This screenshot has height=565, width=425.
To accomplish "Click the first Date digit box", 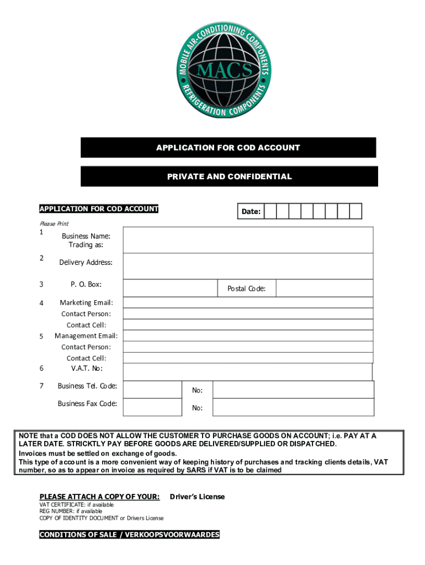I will pos(270,211).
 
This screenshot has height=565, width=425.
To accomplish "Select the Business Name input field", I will pos(248,239).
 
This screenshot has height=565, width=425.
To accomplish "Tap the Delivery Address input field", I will pos(248,266).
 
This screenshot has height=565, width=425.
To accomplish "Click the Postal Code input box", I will pos(323,288).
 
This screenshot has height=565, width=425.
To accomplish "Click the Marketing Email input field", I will pos(248,302).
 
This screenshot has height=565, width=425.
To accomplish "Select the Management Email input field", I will pos(248,335).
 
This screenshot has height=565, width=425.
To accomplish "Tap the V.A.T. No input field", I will pos(248,371).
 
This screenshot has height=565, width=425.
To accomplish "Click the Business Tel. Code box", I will pos(152,389).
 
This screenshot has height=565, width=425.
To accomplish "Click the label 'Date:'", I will pos(251,211).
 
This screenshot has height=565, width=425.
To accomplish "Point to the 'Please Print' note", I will pos(54,223).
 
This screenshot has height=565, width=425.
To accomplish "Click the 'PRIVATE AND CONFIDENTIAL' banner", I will pos(229,177).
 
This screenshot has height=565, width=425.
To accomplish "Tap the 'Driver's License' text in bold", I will pos(197,497).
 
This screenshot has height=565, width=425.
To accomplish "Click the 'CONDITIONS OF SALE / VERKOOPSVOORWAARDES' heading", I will pos(129,535).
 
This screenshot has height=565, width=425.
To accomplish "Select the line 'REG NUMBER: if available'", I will pos(71,511).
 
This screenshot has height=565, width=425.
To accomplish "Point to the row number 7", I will pos(41,386).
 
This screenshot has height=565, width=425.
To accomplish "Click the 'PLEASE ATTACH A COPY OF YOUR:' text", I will pos(99,497).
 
